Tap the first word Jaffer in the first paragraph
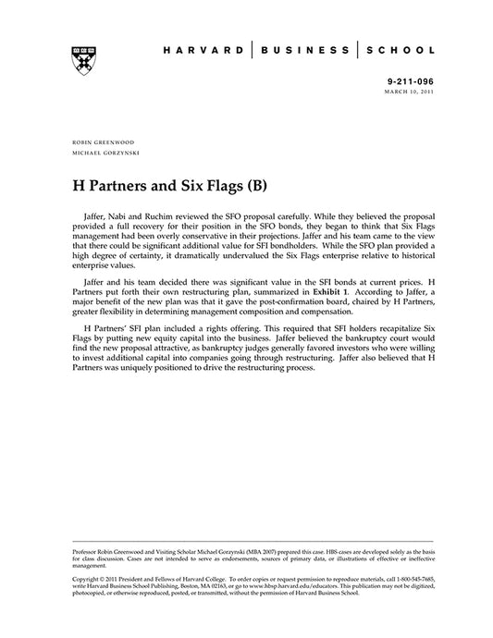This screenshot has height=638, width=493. click(95, 214)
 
